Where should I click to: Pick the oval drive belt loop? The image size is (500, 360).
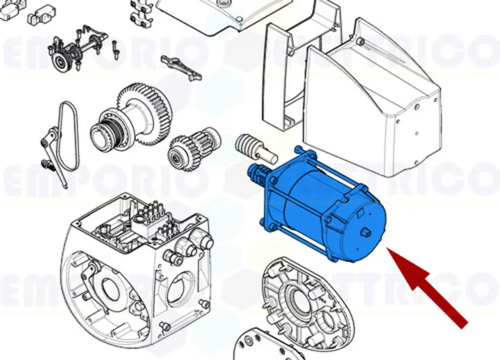(68, 137)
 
